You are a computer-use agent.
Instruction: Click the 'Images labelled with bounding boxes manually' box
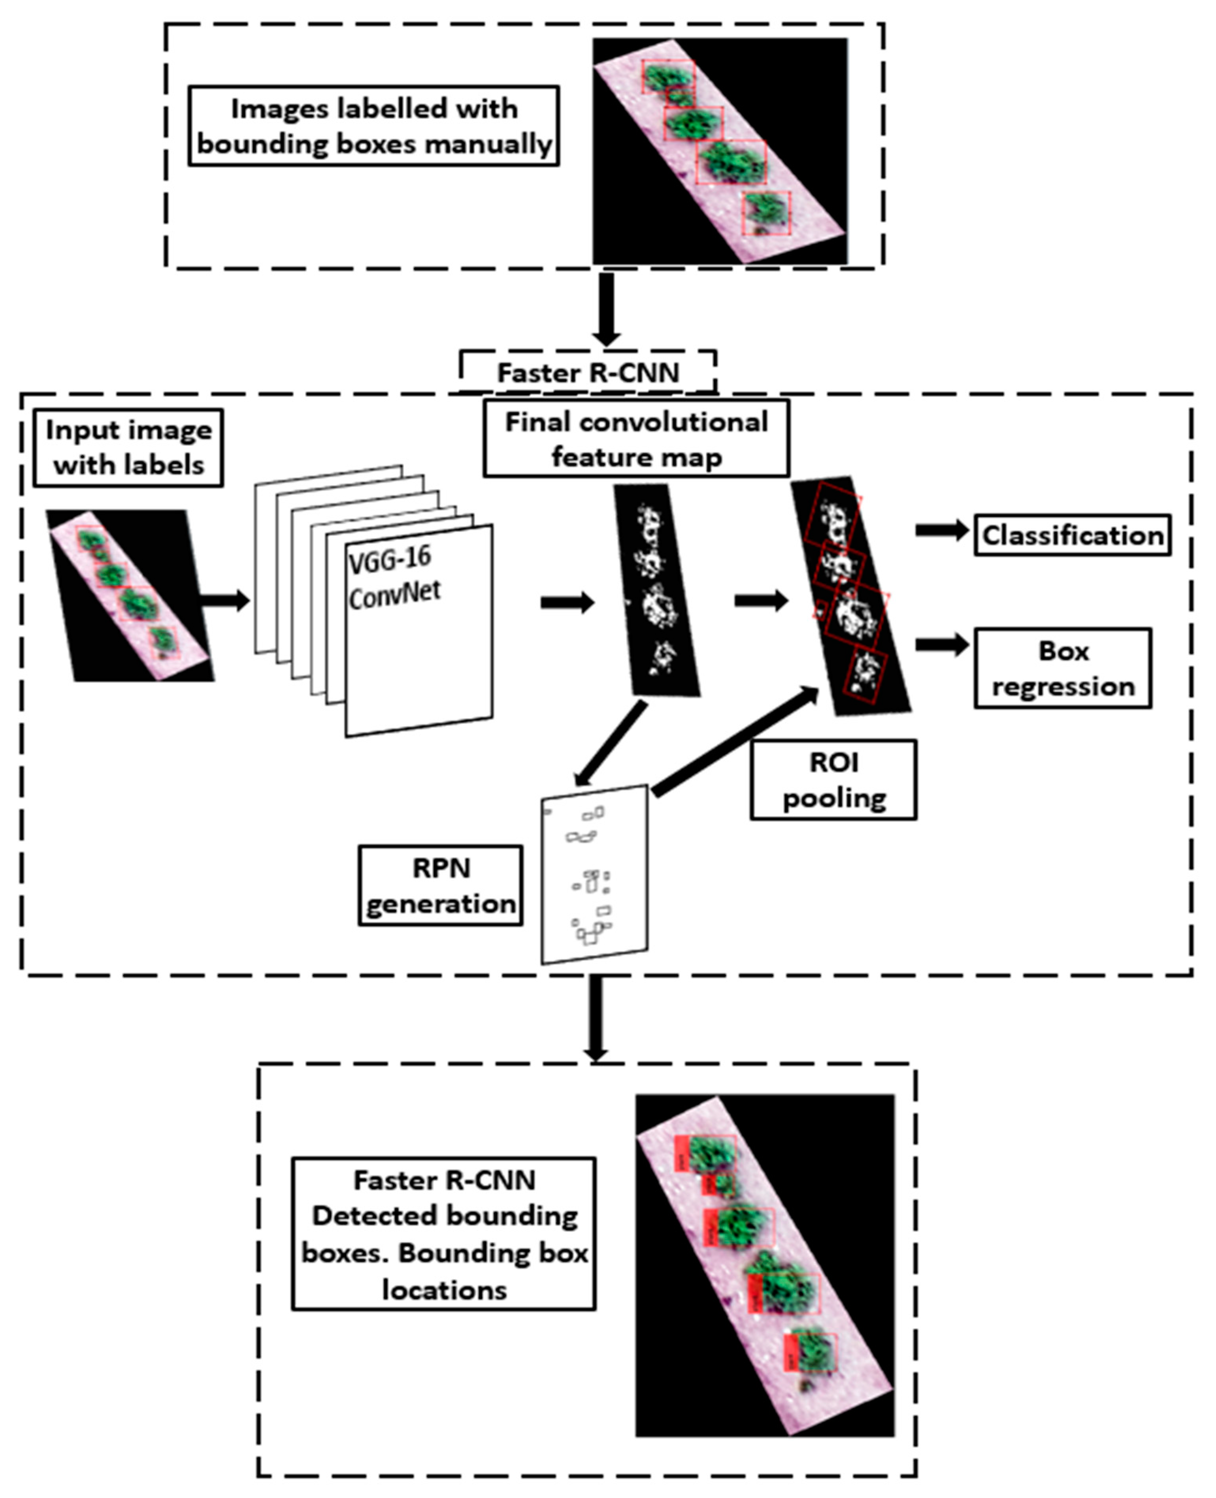click(373, 126)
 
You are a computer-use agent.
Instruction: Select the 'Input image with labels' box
click(128, 448)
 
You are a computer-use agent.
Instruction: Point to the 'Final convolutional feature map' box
click(636, 439)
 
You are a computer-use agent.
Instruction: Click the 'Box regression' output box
click(1063, 668)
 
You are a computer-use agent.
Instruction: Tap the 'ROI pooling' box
click(833, 780)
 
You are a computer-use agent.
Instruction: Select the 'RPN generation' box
click(441, 886)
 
